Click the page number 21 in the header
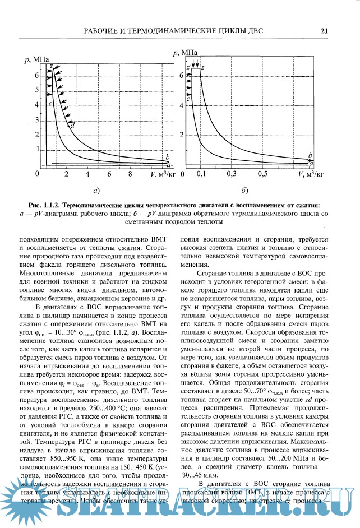click(x=324, y=31)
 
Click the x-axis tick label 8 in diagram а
click(x=130, y=175)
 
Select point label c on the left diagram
click(x=50, y=104)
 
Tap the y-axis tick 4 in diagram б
click(x=181, y=104)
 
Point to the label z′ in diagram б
click(x=188, y=68)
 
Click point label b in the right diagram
click(x=310, y=154)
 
